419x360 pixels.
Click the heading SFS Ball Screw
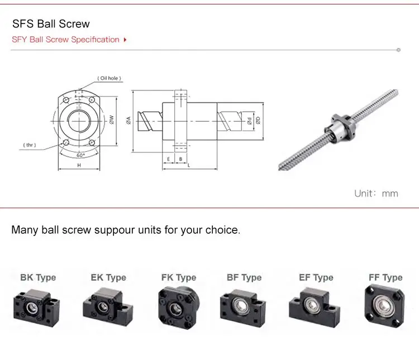(x=51, y=24)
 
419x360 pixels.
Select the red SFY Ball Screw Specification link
(x=66, y=40)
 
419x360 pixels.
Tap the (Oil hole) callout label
(x=109, y=79)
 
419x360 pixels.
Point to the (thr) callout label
(x=30, y=145)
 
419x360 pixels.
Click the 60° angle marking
(x=80, y=155)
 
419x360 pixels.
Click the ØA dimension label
(x=128, y=119)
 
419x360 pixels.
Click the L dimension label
(x=188, y=166)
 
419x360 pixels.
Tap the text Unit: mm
(x=376, y=193)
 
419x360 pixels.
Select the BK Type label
(x=38, y=277)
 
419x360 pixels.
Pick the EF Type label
(x=316, y=277)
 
